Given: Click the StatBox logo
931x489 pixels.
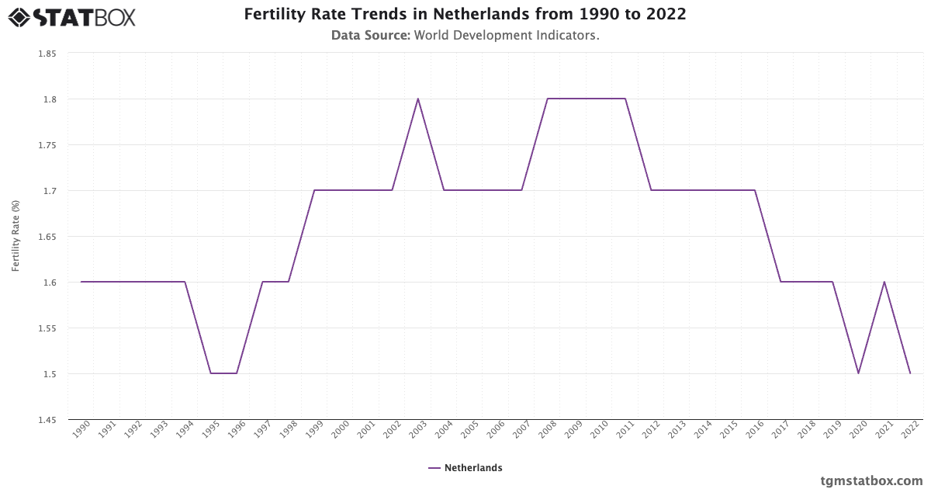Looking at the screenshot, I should tap(72, 16).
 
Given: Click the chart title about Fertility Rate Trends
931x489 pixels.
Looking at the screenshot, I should tap(465, 14).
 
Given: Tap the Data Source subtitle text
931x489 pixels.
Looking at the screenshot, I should tap(465, 35).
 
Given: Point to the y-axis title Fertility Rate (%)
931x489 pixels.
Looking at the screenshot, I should tap(16, 236).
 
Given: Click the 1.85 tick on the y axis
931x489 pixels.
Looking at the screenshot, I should tap(47, 54).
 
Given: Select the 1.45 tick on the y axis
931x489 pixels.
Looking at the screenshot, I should tap(47, 420).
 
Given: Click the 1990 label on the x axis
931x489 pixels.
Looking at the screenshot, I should tap(81, 429).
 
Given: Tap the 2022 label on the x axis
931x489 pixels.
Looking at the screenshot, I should tap(910, 429).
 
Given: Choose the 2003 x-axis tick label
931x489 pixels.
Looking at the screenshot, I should tap(418, 429).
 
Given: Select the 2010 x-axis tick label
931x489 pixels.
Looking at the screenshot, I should tap(600, 429).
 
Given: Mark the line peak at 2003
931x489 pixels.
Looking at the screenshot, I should tap(418, 99).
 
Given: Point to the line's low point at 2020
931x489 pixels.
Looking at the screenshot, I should tap(858, 373).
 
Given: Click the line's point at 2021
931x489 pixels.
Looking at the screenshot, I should tap(884, 282).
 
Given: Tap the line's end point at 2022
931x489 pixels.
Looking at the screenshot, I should tap(910, 373).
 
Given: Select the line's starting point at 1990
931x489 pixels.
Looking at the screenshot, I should tap(81, 282).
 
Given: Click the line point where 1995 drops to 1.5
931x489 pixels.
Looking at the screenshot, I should tap(211, 373).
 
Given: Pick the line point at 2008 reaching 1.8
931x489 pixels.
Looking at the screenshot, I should tap(548, 99).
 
